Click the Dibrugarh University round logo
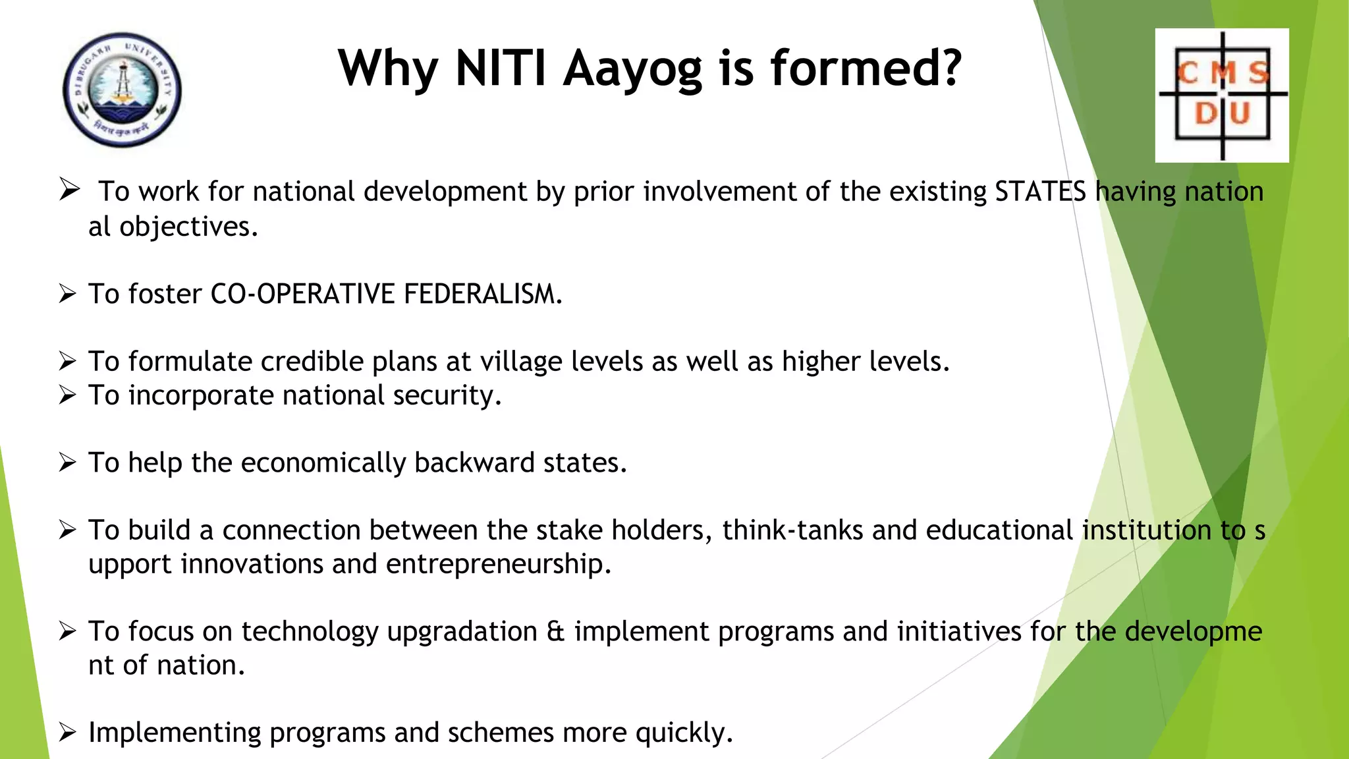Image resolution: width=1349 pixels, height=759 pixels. [122, 90]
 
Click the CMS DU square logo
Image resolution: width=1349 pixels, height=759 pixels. [1222, 95]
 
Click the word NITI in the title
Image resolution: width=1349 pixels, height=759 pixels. [501, 68]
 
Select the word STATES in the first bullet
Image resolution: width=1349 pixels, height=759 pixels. [1040, 192]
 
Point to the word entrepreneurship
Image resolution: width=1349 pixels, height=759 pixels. [498, 565]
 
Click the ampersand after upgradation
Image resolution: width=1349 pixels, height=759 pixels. [555, 632]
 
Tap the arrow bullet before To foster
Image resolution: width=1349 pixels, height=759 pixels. [67, 293]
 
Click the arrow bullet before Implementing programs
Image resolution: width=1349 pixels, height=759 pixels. [67, 732]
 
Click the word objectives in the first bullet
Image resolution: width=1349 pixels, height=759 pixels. [188, 227]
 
